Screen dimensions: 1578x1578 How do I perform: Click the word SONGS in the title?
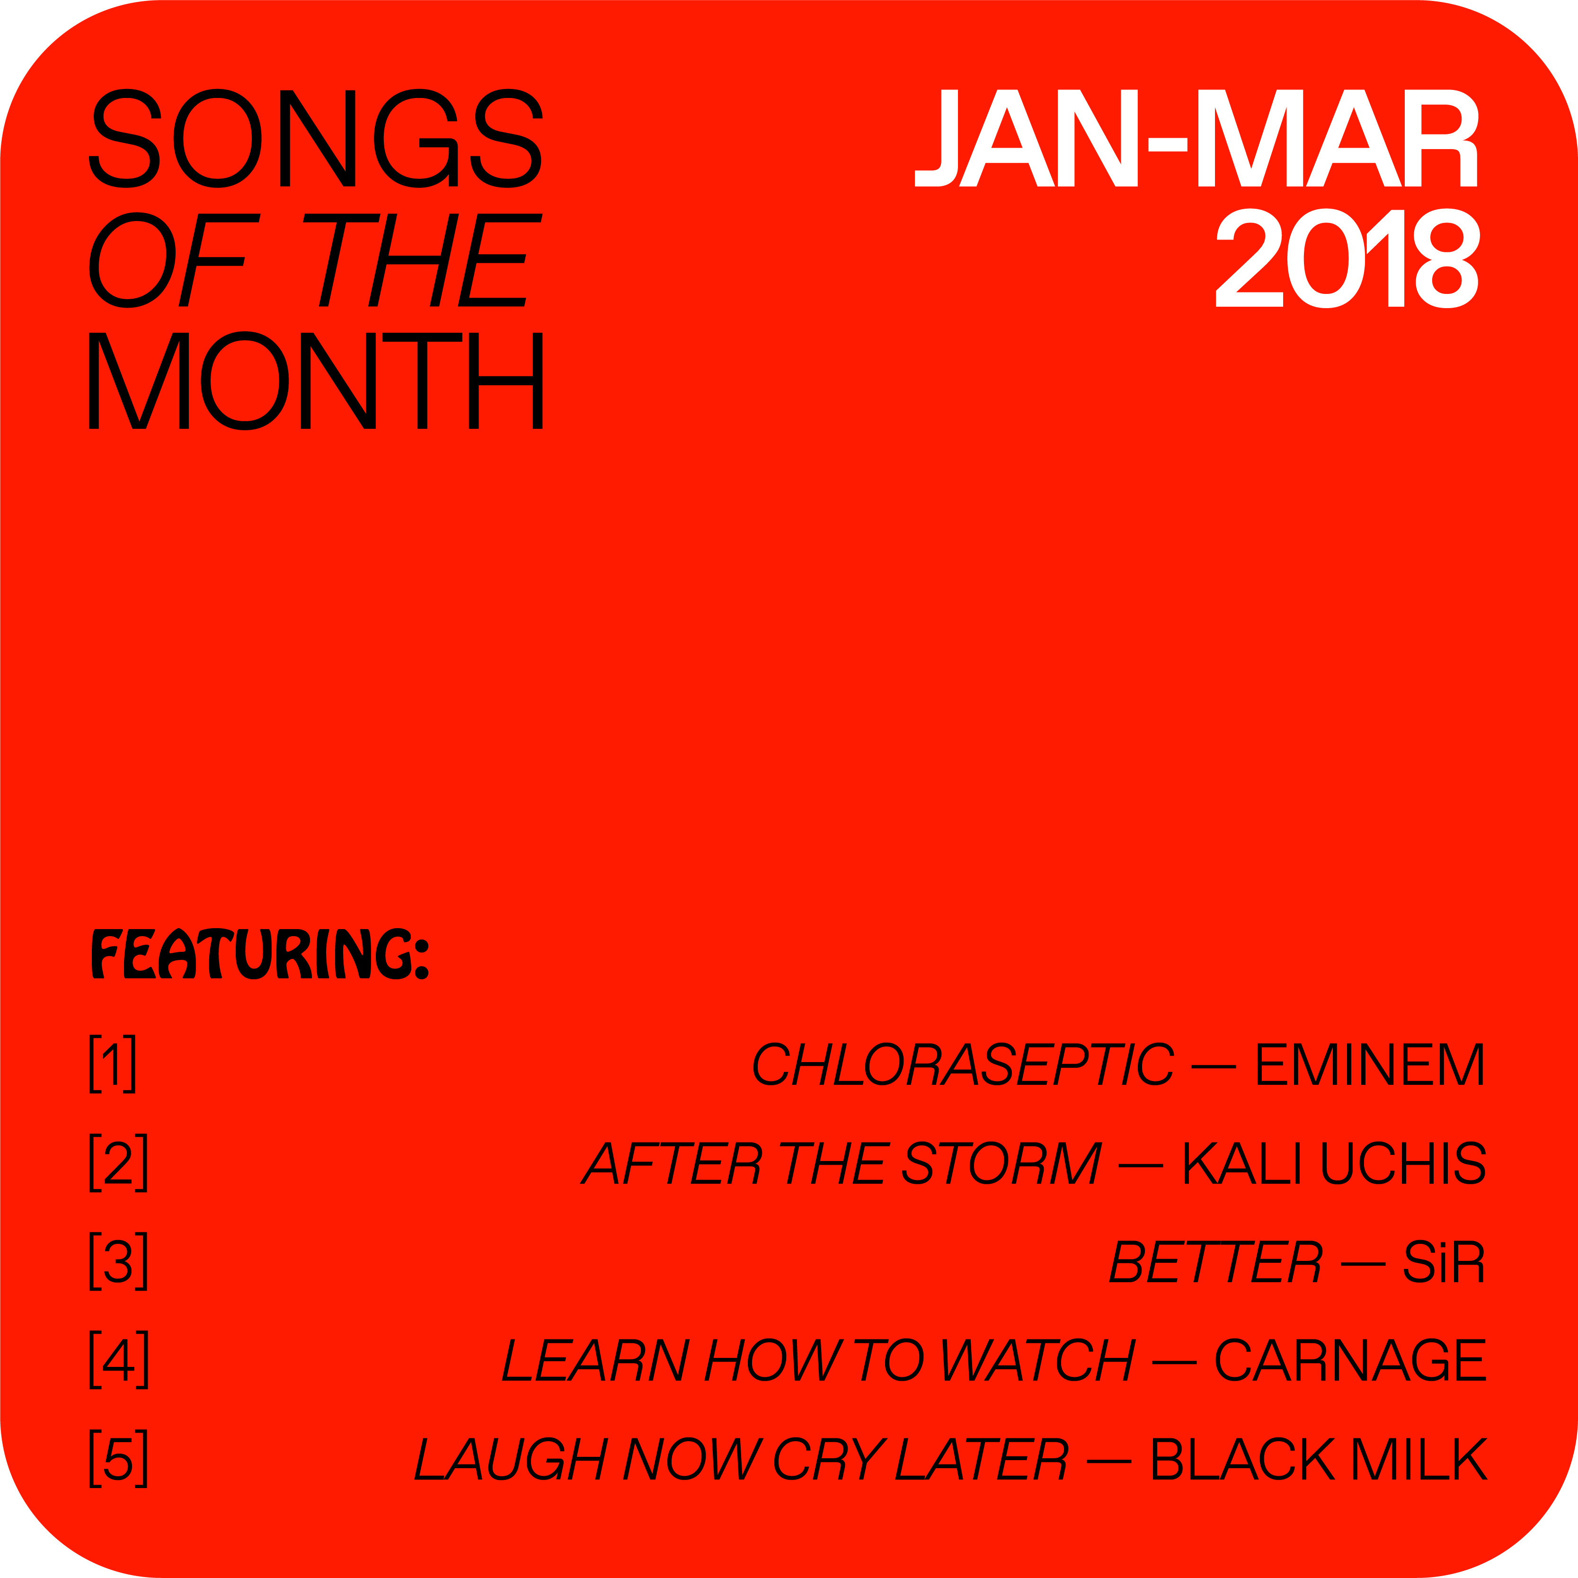point(315,138)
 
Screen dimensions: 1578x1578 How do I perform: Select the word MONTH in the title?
point(315,381)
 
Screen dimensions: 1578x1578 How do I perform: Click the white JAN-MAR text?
point(1197,138)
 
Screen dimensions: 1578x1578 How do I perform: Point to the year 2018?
point(1348,258)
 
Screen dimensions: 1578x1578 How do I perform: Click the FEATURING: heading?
point(260,953)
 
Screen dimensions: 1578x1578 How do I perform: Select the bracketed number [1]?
point(113,1064)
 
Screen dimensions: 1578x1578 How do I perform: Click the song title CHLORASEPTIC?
point(964,1064)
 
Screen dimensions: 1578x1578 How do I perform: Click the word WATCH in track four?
point(1037,1359)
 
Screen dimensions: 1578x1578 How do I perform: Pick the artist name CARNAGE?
point(1351,1359)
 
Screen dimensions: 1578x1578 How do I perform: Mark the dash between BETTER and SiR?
point(1363,1264)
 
